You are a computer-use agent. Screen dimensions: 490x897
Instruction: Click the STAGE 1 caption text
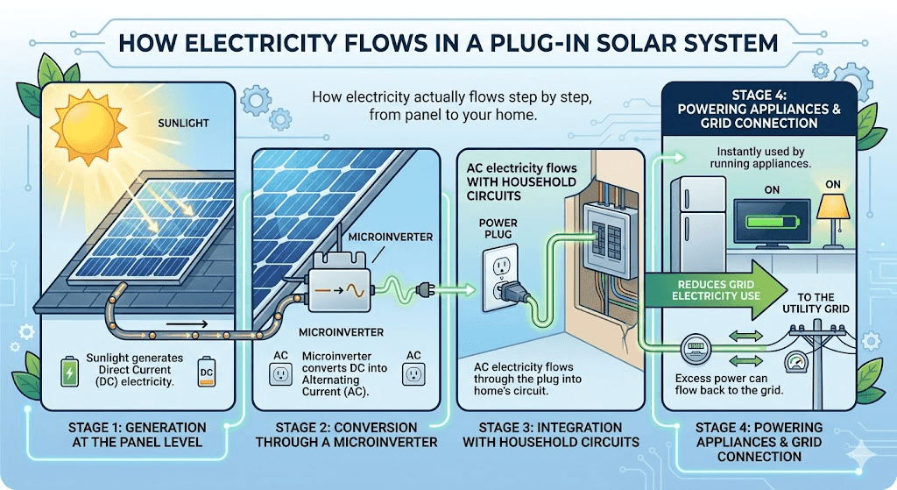138,435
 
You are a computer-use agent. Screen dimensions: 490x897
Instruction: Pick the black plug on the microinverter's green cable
428,286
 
